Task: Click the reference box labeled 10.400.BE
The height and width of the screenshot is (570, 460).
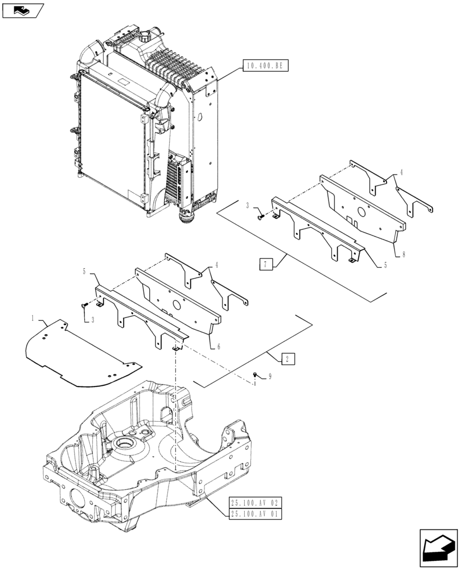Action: (x=265, y=66)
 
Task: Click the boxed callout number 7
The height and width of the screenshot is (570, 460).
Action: (x=265, y=263)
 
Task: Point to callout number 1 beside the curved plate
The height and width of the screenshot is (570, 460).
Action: (x=33, y=317)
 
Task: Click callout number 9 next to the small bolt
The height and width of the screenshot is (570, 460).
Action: (x=270, y=377)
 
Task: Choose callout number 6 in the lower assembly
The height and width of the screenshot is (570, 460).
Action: (x=217, y=346)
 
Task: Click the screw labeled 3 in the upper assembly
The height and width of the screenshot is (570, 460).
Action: (x=261, y=216)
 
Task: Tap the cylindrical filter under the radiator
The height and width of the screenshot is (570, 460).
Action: (x=187, y=217)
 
